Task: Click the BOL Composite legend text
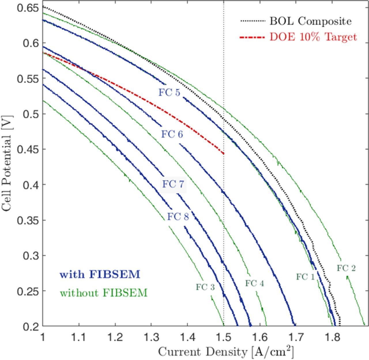pos(310,21)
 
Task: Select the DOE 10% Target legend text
pos(313,37)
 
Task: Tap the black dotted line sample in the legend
pos(252,21)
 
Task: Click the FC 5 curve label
pos(169,93)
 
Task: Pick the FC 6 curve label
pos(172,134)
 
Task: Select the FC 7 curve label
pos(173,184)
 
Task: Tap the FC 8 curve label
pos(178,216)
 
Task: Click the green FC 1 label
pos(306,277)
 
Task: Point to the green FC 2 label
pos(346,268)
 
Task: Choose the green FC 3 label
pos(205,287)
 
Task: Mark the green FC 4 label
pos(255,283)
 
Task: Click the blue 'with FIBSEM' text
pos(100,274)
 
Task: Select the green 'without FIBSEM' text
pos(103,293)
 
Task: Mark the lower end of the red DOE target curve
pos(223,153)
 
